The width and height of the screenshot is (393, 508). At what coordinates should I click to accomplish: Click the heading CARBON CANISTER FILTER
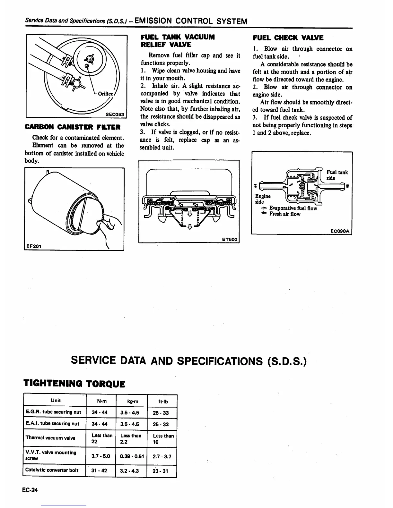point(73,127)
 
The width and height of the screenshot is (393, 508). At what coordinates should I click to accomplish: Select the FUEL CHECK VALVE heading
point(288,38)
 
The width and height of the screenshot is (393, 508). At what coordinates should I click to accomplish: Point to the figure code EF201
point(33,246)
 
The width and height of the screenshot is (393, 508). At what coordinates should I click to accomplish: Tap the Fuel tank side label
point(337,175)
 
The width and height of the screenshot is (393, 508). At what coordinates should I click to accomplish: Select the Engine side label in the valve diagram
point(263,199)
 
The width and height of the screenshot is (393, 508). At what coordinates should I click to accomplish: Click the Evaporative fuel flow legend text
point(293,208)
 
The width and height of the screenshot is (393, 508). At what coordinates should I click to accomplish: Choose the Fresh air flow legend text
point(284,214)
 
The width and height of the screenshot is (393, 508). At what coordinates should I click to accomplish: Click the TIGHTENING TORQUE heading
point(74,384)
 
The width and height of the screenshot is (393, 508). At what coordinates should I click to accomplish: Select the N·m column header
point(101,401)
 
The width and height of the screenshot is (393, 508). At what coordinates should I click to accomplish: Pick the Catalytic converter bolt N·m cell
point(99,471)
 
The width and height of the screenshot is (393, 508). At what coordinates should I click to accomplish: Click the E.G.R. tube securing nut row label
point(53,412)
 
